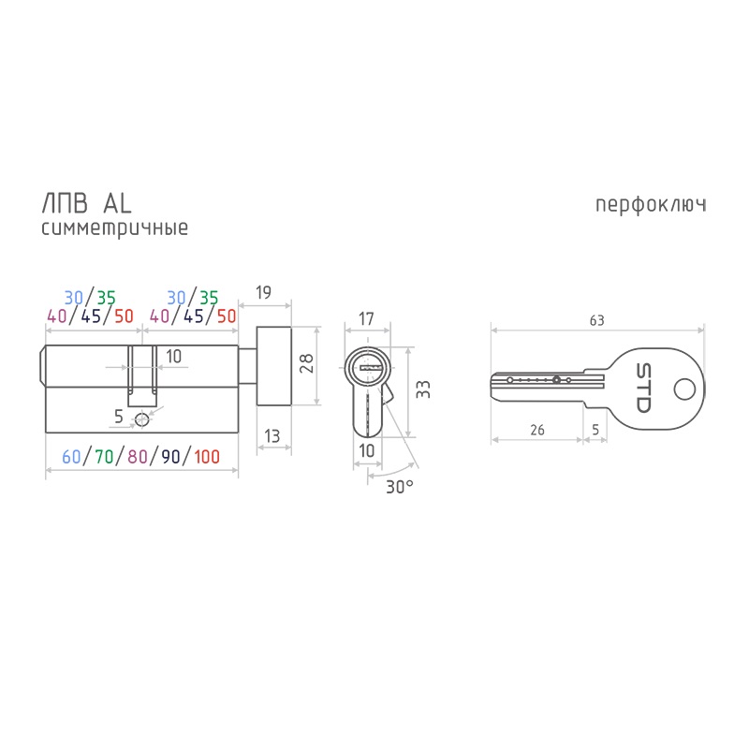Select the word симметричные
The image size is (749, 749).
pyautogui.click(x=114, y=228)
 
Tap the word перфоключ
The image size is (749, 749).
pyautogui.click(x=650, y=204)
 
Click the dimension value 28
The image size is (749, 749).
pyautogui.click(x=305, y=365)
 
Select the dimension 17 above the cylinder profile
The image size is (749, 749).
pyautogui.click(x=366, y=319)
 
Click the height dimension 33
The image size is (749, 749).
pyautogui.click(x=422, y=389)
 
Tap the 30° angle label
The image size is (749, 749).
pyautogui.click(x=398, y=486)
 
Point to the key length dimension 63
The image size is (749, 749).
pyautogui.click(x=596, y=320)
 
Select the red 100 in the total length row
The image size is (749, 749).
pyautogui.click(x=207, y=457)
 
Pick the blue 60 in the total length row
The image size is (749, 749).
pyautogui.click(x=71, y=457)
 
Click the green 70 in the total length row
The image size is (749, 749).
pyautogui.click(x=103, y=457)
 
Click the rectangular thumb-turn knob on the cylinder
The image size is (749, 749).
pyautogui.click(x=275, y=366)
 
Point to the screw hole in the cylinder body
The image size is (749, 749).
pyautogui.click(x=142, y=419)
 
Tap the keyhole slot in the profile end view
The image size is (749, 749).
pyautogui.click(x=367, y=364)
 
